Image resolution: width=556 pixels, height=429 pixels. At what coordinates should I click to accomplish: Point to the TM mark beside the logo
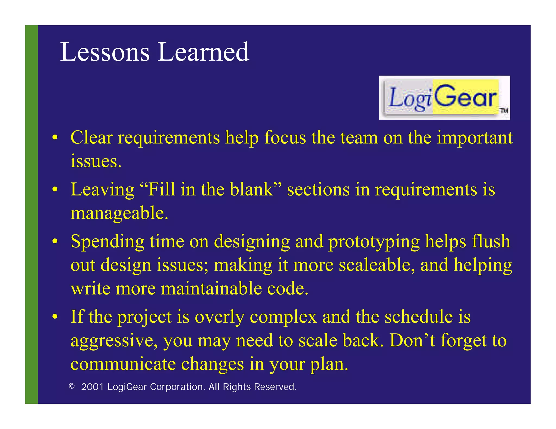click(504, 111)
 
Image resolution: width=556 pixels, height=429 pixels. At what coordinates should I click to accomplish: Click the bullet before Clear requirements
click(55, 138)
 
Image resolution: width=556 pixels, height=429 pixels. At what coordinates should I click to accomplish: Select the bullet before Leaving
click(55, 190)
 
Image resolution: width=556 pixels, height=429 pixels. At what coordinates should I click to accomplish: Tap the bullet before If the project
click(55, 317)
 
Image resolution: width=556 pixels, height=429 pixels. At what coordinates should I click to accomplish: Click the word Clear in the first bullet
click(91, 138)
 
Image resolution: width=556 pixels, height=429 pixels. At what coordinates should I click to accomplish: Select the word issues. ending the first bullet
click(96, 161)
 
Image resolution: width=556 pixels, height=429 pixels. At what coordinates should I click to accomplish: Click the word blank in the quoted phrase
click(251, 189)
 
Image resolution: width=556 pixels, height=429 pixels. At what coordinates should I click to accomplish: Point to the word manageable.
click(119, 213)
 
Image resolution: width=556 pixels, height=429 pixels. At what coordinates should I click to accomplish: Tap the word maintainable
click(211, 289)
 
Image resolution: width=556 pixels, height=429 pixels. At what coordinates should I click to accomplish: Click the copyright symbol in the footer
click(72, 386)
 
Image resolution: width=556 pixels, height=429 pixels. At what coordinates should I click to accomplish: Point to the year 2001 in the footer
click(93, 387)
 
